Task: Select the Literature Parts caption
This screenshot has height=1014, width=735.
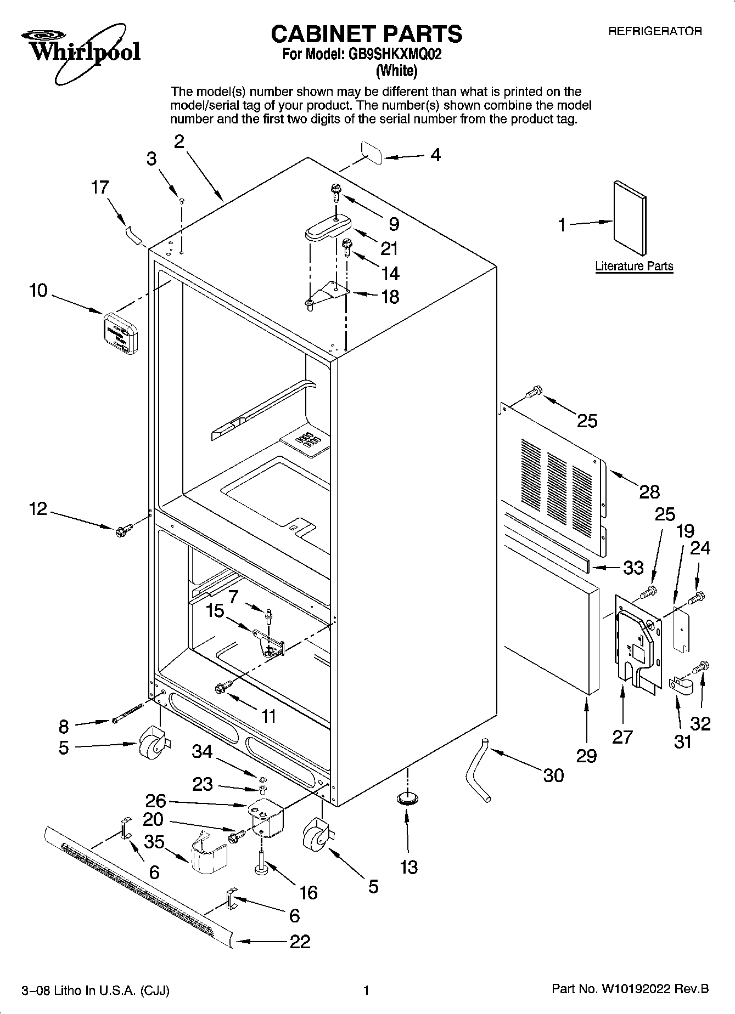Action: [634, 267]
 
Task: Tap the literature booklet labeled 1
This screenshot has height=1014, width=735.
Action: [630, 218]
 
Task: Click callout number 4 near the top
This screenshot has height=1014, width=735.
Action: [435, 155]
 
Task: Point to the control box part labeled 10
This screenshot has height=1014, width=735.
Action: [120, 332]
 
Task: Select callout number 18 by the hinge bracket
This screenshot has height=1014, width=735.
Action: [390, 297]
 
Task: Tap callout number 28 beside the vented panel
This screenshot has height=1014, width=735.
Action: [649, 491]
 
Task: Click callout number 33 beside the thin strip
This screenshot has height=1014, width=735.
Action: [633, 567]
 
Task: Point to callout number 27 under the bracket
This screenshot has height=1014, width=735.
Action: [622, 737]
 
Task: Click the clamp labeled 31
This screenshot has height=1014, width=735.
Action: [681, 687]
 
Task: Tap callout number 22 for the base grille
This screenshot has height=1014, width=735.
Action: [300, 941]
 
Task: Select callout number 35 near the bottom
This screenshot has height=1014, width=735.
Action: [154, 841]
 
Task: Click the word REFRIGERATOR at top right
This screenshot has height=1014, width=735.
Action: [654, 31]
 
